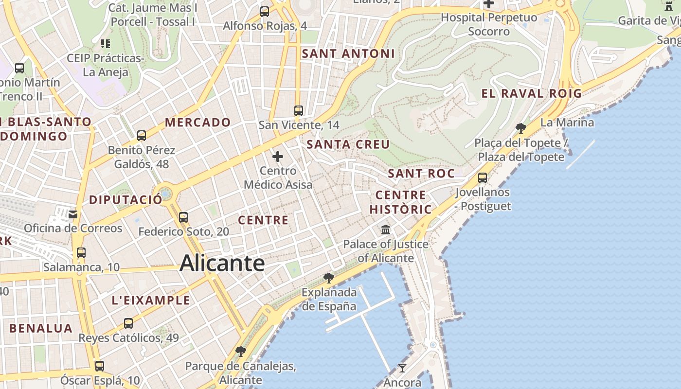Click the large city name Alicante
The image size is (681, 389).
click(x=222, y=264)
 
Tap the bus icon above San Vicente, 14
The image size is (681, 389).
click(x=299, y=111)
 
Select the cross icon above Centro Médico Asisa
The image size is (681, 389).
click(x=278, y=157)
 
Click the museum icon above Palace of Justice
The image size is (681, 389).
click(x=386, y=230)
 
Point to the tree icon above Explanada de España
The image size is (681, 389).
click(x=329, y=278)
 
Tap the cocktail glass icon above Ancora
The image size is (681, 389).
click(x=402, y=368)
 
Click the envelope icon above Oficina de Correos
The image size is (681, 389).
click(x=73, y=214)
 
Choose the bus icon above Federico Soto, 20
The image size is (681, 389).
click(x=183, y=217)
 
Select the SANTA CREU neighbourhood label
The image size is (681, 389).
click(x=348, y=144)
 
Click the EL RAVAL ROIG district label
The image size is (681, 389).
click(x=532, y=93)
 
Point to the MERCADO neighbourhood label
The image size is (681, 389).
click(x=197, y=123)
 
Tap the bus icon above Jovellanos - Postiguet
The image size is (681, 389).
click(x=483, y=178)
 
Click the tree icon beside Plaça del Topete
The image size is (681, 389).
click(x=521, y=128)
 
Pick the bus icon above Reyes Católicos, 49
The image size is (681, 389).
click(x=128, y=323)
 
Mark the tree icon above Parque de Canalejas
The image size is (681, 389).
click(x=240, y=351)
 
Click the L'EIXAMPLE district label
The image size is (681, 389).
click(x=151, y=301)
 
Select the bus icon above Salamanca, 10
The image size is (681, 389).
click(x=81, y=253)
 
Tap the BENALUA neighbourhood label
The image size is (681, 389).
click(x=41, y=328)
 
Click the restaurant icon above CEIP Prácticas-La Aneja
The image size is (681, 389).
click(x=105, y=44)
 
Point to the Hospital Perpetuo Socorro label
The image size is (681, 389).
click(x=489, y=24)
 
